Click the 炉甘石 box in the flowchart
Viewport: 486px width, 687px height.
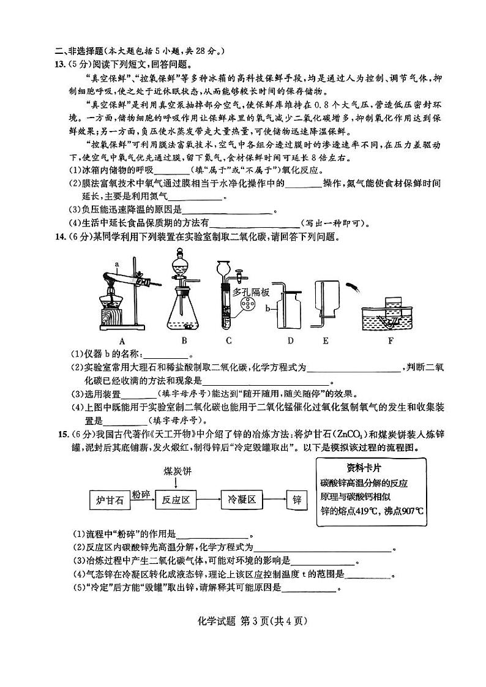tap(111, 500)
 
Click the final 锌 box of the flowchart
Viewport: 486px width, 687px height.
tap(297, 500)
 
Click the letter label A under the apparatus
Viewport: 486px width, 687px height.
tap(122, 340)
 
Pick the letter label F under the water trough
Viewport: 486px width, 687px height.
tap(390, 340)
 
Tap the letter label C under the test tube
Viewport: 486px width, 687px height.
tap(228, 340)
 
